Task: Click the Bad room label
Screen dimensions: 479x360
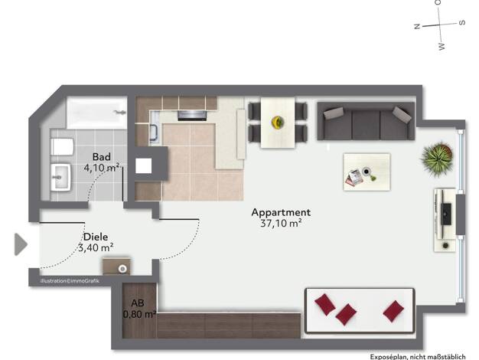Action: (102, 157)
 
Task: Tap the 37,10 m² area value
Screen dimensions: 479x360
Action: (281, 224)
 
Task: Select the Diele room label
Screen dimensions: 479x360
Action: (96, 237)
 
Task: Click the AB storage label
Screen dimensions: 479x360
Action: (138, 303)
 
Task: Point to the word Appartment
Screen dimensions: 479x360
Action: (281, 212)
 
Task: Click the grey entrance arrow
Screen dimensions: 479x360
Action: (21, 244)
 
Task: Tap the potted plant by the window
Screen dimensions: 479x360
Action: (438, 159)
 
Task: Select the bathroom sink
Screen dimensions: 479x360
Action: (60, 178)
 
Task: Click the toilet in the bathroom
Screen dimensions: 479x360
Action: (62, 147)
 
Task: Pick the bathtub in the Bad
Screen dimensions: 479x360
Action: (97, 113)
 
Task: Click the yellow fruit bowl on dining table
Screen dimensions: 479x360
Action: (278, 123)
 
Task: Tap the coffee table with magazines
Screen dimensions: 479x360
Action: (367, 172)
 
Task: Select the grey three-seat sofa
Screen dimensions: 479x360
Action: (366, 121)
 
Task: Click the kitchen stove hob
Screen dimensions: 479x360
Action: (192, 116)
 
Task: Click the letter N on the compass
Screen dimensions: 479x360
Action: (417, 26)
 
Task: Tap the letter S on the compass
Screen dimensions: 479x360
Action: (462, 23)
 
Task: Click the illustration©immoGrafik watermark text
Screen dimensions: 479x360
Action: (70, 281)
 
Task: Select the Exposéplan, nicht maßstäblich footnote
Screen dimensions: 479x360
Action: (418, 357)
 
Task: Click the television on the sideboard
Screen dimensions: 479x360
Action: (446, 214)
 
